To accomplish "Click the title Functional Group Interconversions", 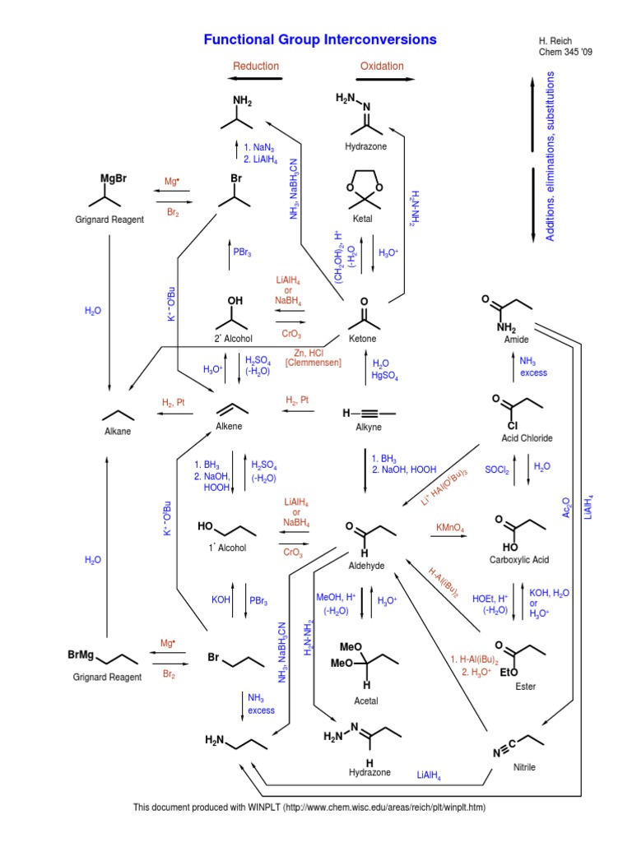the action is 320,39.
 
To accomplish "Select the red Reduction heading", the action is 256,66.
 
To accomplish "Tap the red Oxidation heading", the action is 382,66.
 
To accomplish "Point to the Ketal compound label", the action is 362,219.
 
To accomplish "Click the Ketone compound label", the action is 362,338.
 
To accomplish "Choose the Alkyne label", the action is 369,427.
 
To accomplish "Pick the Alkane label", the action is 118,431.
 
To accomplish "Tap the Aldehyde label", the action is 366,566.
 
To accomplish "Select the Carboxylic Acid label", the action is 519,559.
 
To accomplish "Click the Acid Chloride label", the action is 527,438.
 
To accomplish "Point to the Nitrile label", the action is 524,767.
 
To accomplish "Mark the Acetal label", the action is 366,701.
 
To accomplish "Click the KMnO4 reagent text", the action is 450,528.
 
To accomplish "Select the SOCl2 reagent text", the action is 496,470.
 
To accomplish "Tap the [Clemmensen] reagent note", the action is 314,363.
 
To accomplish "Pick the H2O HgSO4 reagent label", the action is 385,369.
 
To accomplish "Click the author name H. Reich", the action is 555,41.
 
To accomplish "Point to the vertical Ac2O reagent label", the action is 566,507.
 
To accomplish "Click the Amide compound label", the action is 516,340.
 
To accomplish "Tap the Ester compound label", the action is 525,687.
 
